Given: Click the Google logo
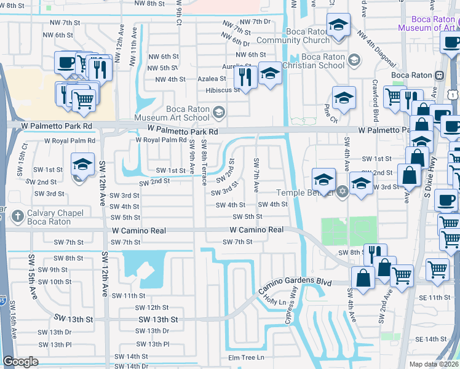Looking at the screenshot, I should (x=20, y=362).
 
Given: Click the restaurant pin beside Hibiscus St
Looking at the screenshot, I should (x=245, y=77).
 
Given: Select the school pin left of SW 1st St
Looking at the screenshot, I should (x=82, y=164).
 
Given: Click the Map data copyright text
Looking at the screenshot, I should (x=434, y=364).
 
